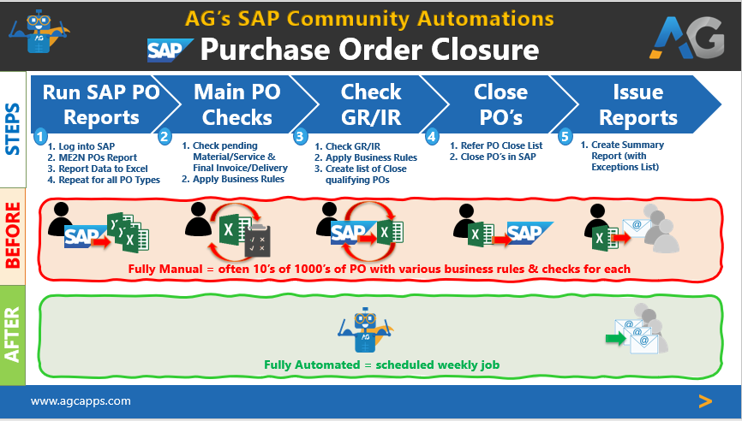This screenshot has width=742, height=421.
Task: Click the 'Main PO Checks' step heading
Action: click(x=232, y=104)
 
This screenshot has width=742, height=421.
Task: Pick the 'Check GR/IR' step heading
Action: click(x=370, y=104)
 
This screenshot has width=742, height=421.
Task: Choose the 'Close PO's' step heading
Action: click(x=501, y=104)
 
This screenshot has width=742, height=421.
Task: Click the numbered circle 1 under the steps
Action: click(x=39, y=136)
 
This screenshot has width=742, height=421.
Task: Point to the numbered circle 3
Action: click(x=300, y=136)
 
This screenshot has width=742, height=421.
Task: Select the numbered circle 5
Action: click(x=565, y=136)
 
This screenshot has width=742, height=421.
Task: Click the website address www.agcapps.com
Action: click(x=81, y=400)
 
